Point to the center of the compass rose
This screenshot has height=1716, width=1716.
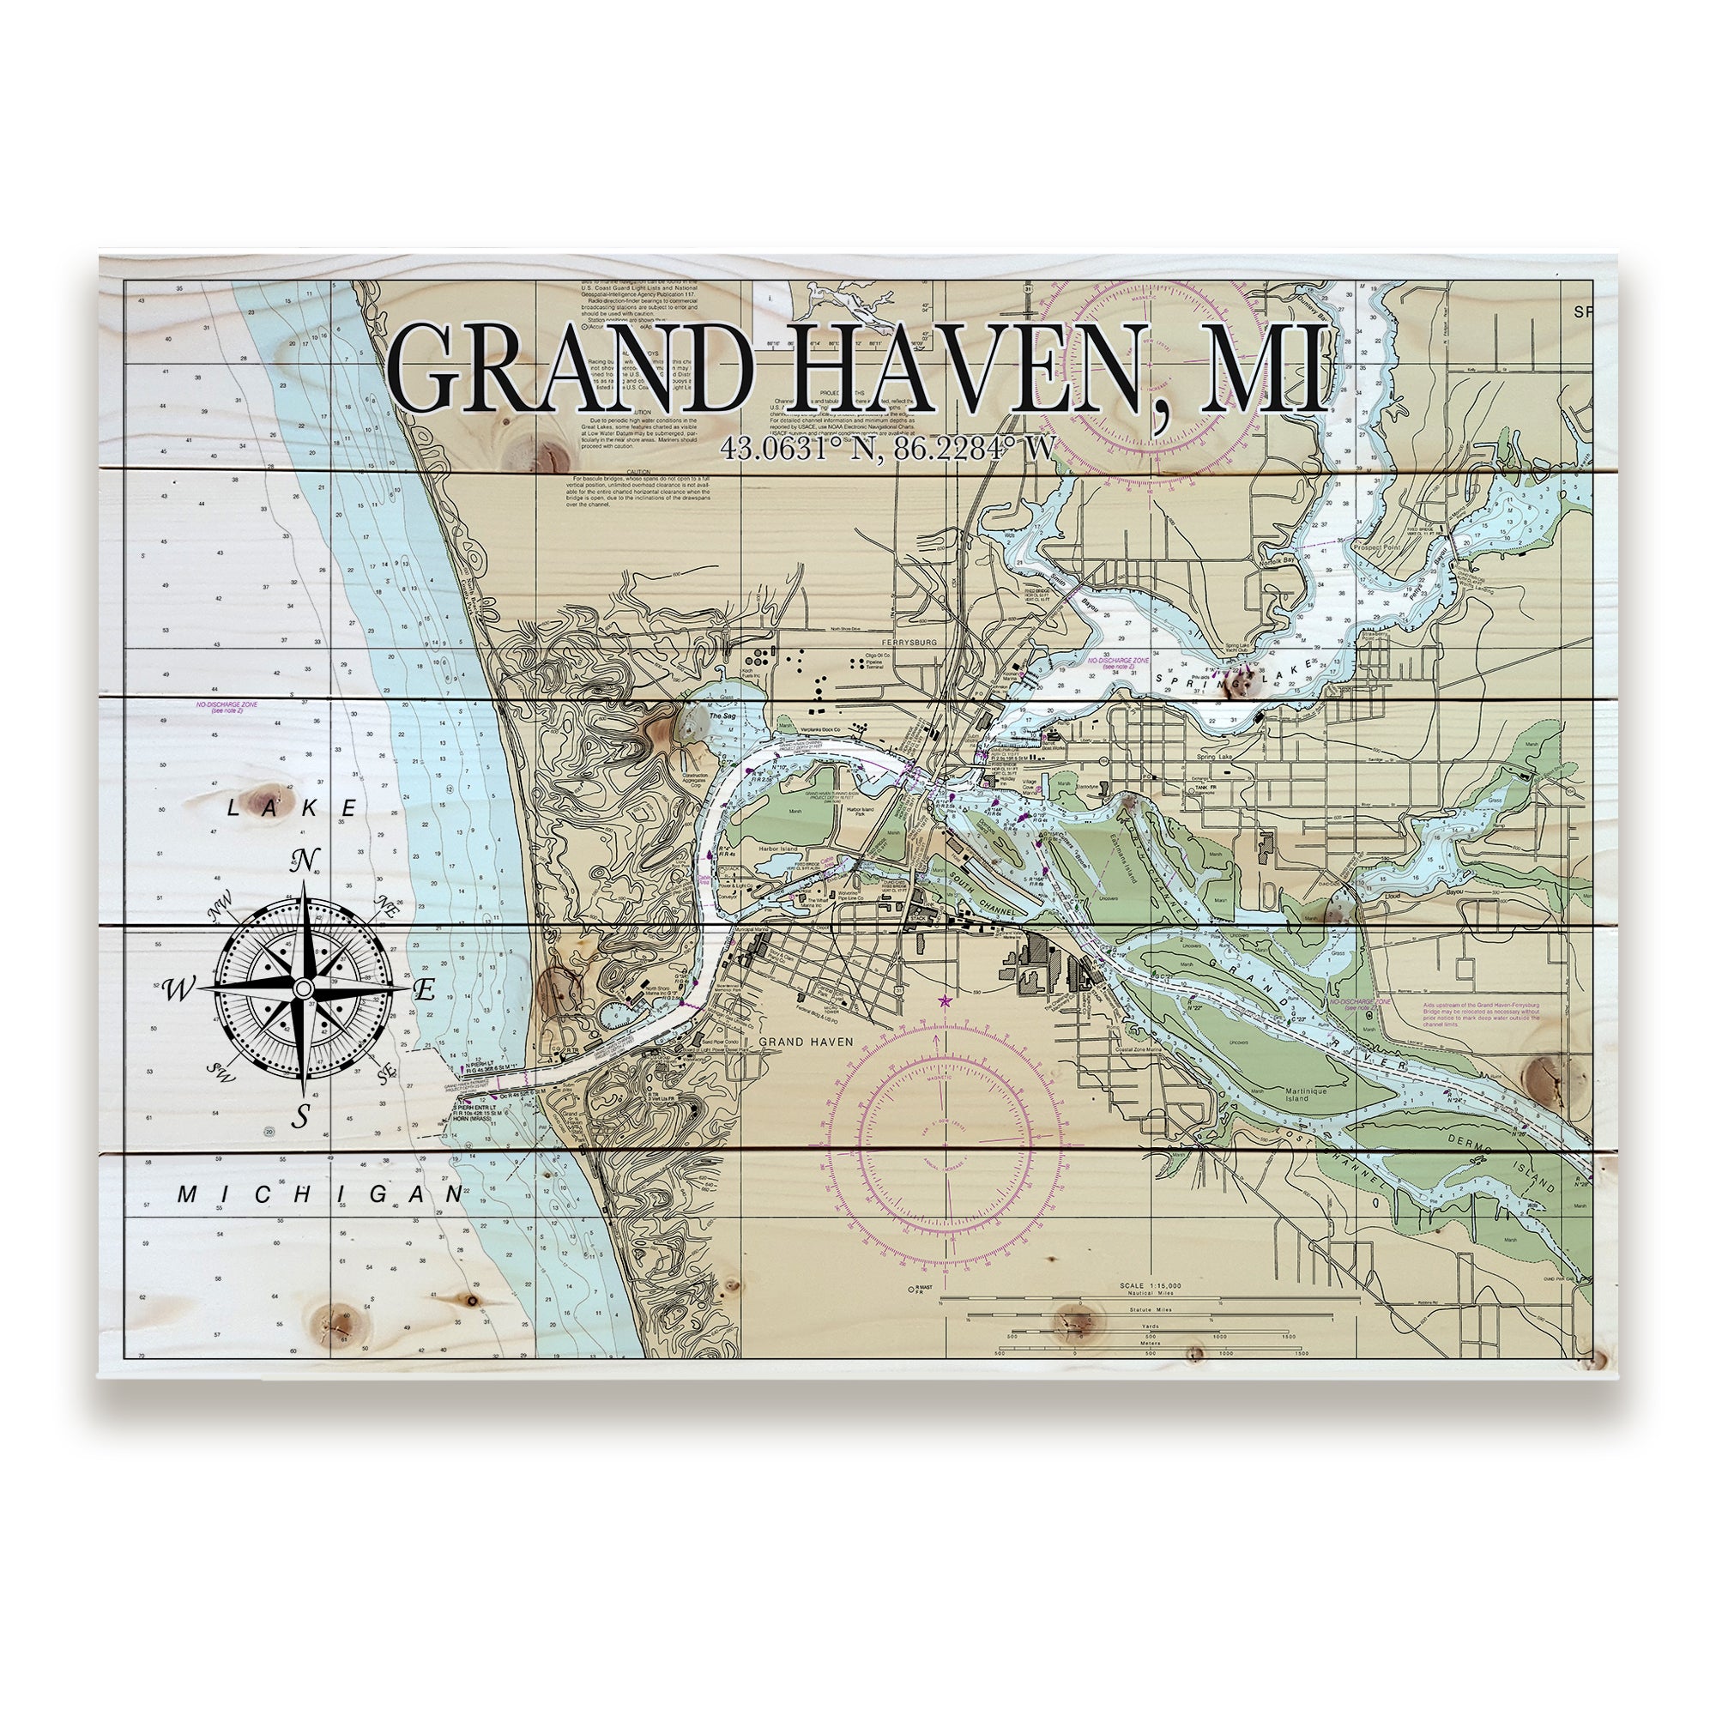303,988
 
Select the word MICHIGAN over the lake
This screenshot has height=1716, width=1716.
321,1194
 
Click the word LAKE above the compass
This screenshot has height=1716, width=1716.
293,808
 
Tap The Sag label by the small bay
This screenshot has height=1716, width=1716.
722,715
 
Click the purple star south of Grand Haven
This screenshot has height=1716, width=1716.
944,1002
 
